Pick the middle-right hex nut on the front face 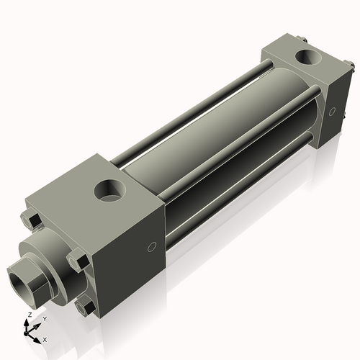(78, 260)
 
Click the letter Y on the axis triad (45, 319)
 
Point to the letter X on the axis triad (45, 338)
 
